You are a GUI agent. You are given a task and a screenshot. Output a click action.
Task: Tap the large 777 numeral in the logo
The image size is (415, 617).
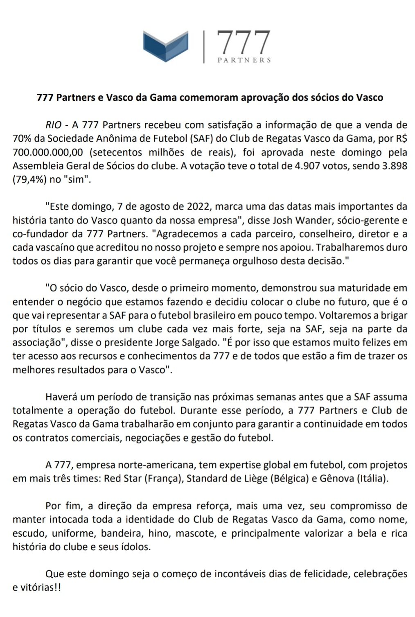243,43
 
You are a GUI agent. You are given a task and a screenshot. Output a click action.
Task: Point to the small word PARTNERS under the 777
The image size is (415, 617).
244,60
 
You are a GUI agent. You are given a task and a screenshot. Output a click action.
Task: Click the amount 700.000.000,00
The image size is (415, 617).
48,152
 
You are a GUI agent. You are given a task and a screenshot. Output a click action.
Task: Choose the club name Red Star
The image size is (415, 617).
123,478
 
